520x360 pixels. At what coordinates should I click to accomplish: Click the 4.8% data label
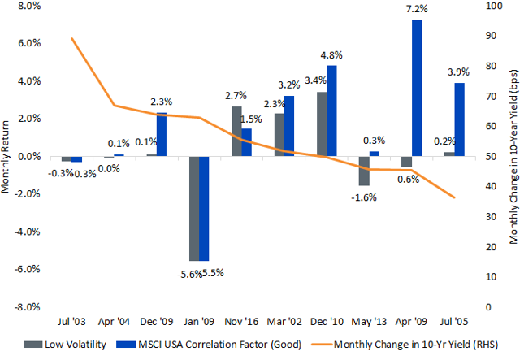pos(331,56)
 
